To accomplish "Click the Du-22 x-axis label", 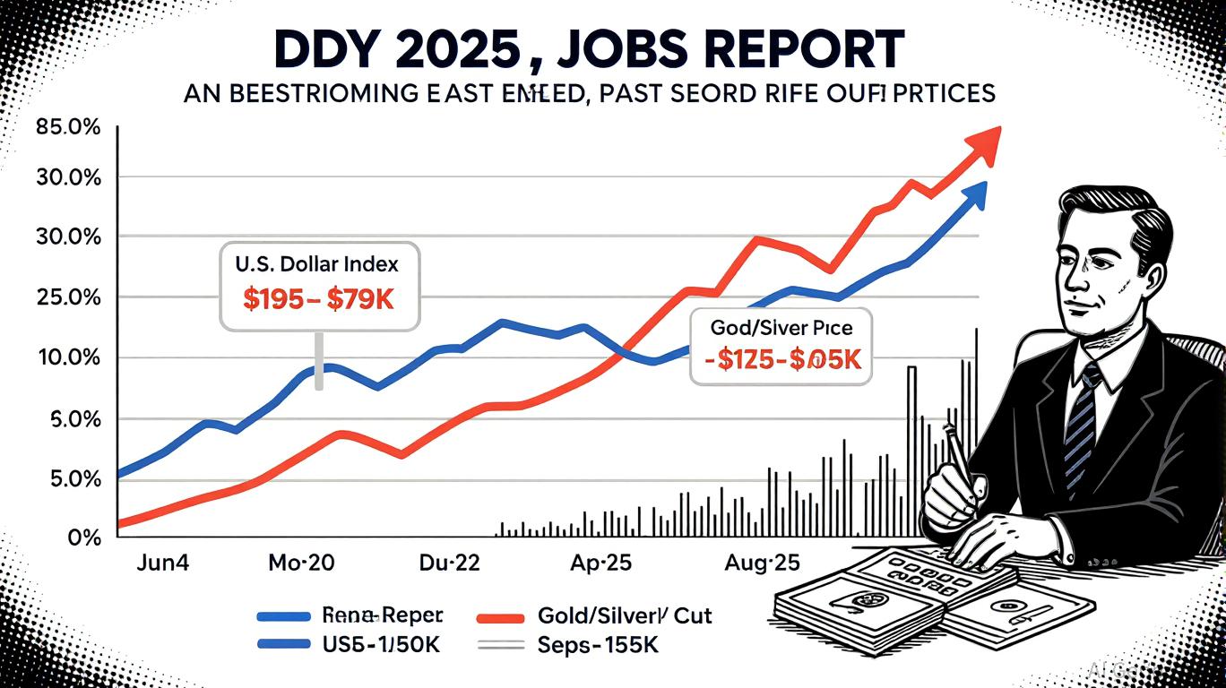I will point(450,564).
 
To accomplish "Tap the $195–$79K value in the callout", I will point(319,299).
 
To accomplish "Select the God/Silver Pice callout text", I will point(781,328).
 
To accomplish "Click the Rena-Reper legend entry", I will point(381,616).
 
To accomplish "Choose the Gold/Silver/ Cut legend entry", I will point(625,616).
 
